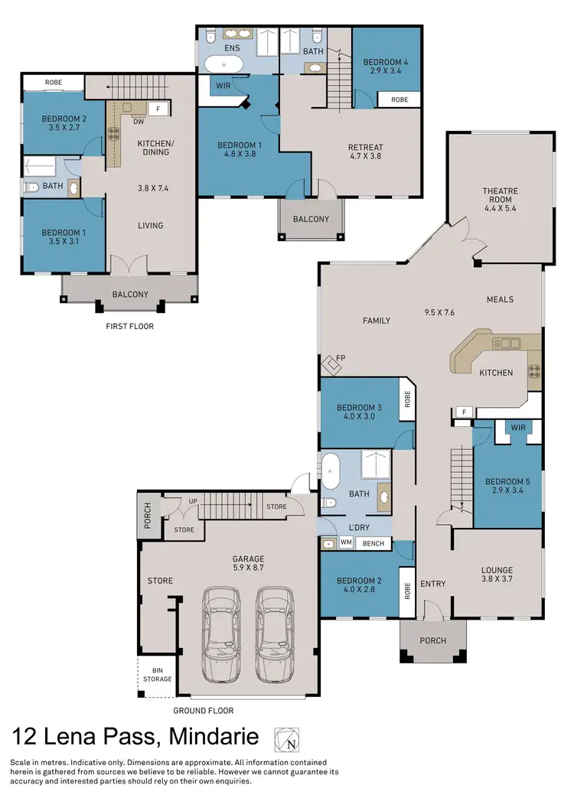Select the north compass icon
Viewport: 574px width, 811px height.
pos(288,739)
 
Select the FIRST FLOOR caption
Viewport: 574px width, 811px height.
pos(129,326)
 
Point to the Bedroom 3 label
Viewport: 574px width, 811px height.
pos(360,412)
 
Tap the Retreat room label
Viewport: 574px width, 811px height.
pos(365,151)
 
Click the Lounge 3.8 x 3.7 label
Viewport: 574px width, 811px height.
pos(497,575)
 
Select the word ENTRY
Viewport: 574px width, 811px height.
pos(433,584)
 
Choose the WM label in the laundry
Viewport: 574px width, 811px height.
pos(346,543)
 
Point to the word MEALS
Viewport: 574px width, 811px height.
pos(500,299)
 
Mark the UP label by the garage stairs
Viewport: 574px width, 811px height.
pos(193,502)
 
